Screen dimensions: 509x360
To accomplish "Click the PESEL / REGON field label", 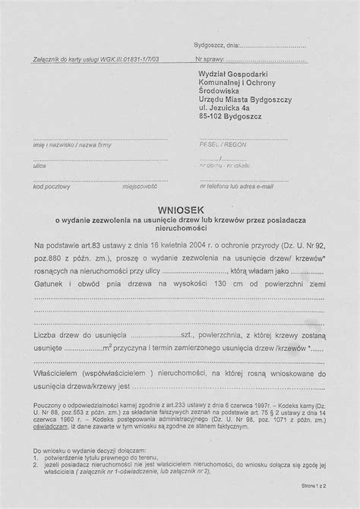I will pos(212,144).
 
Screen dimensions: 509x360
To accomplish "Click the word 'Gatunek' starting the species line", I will pos(51,283).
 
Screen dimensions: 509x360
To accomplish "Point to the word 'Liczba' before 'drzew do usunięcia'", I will pos(48,334).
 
